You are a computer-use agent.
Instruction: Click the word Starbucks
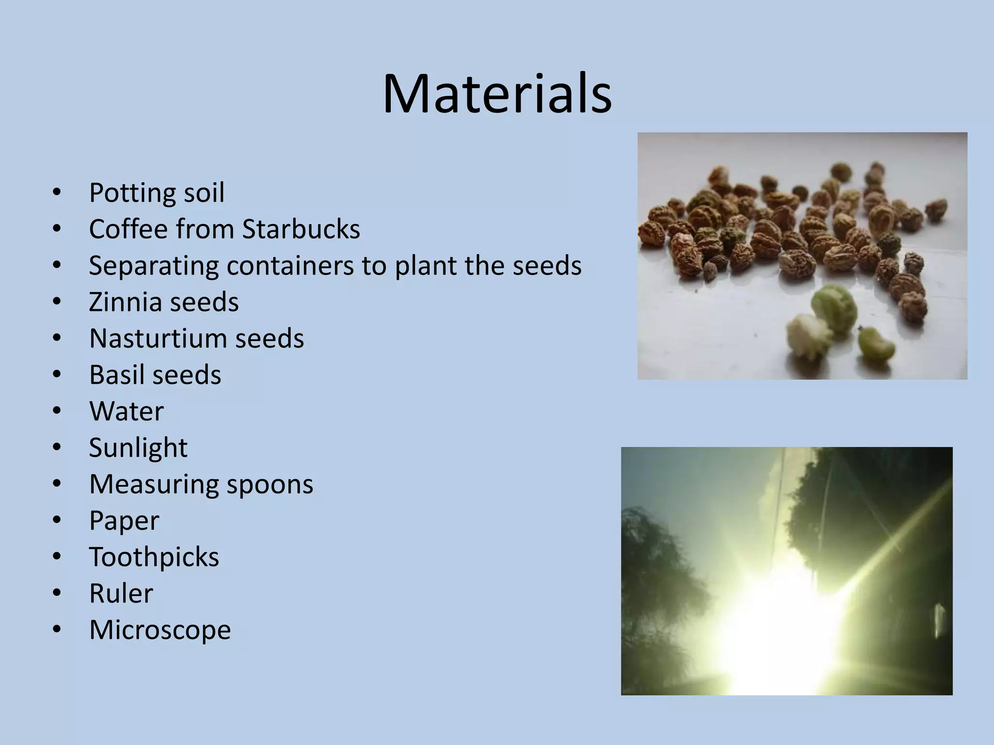[x=301, y=229]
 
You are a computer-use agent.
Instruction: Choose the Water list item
[x=126, y=411]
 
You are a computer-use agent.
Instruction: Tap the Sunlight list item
[x=138, y=448]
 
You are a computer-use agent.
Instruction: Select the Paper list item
[x=124, y=521]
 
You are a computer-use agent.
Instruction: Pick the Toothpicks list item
[x=154, y=557]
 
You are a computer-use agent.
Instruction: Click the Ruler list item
[x=121, y=593]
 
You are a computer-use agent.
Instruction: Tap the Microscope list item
[x=160, y=630]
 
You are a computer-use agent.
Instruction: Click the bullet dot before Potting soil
[x=57, y=193]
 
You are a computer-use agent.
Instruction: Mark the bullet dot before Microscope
[x=57, y=630]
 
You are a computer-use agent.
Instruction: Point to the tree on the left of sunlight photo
[x=655, y=582]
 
